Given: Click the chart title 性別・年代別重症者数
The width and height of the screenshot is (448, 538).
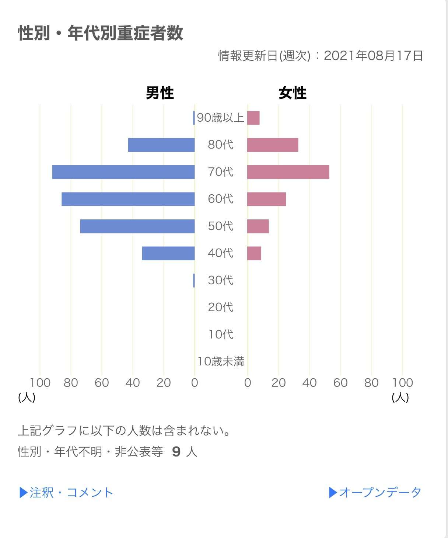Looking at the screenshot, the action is pos(101,33).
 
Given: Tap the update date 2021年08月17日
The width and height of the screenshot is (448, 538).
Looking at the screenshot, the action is pos(373,56).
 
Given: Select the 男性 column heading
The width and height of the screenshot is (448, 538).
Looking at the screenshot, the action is pos(160,93).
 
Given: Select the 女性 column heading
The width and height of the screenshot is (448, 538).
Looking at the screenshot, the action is pos(293,93).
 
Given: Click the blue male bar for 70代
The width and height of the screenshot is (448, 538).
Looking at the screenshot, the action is pos(123,172).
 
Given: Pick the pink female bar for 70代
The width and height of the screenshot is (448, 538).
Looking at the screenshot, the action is pos(288,172).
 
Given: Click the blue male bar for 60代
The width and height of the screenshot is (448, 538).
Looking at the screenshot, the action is pos(128,199).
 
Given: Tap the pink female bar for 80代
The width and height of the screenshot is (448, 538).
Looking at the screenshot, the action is pos(273,145).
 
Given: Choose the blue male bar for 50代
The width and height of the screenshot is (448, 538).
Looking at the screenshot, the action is pos(137,226).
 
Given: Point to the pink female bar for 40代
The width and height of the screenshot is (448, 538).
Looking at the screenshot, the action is pos(254,253).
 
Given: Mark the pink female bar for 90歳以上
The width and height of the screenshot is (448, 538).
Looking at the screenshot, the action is pos(253,118).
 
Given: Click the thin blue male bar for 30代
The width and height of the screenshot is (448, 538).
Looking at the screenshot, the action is pos(194,280).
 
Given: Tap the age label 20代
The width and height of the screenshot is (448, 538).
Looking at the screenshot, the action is pos(221,307).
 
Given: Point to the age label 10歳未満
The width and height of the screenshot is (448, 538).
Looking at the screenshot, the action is pos(221,361).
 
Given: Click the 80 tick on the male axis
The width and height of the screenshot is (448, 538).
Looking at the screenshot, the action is pos(71,383).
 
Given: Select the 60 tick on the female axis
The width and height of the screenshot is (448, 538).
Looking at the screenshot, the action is pos(340,383).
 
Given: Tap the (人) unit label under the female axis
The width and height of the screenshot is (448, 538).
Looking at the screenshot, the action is pos(400,397).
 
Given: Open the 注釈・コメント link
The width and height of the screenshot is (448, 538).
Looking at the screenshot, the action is pos(66,493).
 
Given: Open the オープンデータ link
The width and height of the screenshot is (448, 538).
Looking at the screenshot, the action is pos(375,493).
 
